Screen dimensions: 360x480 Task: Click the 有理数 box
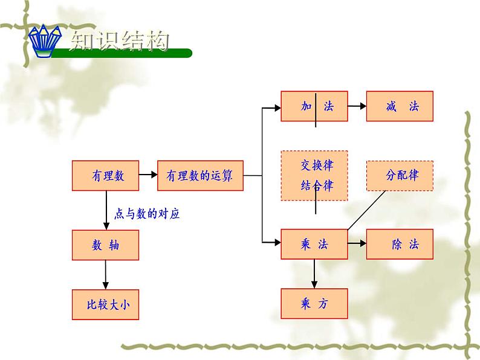(105, 176)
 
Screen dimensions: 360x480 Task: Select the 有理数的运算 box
(199, 176)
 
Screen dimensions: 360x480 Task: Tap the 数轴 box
(105, 245)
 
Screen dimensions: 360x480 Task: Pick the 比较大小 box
(105, 304)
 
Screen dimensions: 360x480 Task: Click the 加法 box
(314, 106)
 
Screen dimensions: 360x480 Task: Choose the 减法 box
(400, 106)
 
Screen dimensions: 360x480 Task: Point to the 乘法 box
(314, 245)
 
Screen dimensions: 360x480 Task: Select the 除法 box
(400, 245)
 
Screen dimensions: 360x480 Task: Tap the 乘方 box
(314, 304)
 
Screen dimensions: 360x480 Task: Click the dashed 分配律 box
(400, 176)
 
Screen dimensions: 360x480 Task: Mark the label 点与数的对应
(147, 213)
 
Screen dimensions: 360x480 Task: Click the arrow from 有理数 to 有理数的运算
(148, 175)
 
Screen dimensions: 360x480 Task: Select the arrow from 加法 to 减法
(357, 106)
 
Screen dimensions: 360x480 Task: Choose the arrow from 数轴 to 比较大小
(106, 275)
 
